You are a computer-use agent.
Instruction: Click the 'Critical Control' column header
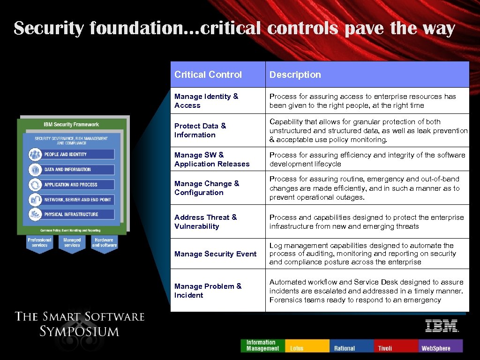point(208,75)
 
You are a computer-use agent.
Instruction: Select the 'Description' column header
point(295,75)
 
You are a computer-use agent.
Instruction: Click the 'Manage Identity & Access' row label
point(206,101)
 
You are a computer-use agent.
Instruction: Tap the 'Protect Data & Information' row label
point(200,130)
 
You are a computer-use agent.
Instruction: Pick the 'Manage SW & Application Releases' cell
point(212,159)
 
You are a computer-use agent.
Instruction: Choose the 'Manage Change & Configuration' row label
point(207,188)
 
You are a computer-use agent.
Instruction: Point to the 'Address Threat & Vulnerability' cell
point(206,222)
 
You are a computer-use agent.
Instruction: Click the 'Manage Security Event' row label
point(216,254)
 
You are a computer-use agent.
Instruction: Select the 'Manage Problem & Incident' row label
point(208,291)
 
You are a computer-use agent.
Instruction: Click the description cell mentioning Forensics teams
point(367,291)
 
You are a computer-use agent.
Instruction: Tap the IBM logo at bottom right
point(442,326)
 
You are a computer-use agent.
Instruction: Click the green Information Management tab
point(262,346)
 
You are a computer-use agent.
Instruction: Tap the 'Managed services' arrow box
point(72,243)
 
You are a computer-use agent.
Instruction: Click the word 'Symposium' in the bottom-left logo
point(79,331)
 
